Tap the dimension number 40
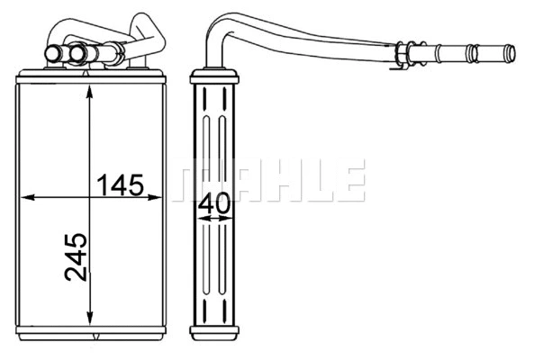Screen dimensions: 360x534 tap(214, 203)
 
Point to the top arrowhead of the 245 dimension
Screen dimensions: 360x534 tap(90, 89)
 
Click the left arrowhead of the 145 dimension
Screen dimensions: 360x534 tap(24, 195)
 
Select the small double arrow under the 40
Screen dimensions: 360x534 tap(214, 219)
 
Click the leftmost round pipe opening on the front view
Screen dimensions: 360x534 tap(52, 56)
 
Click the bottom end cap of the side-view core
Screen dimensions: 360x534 tap(214, 332)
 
